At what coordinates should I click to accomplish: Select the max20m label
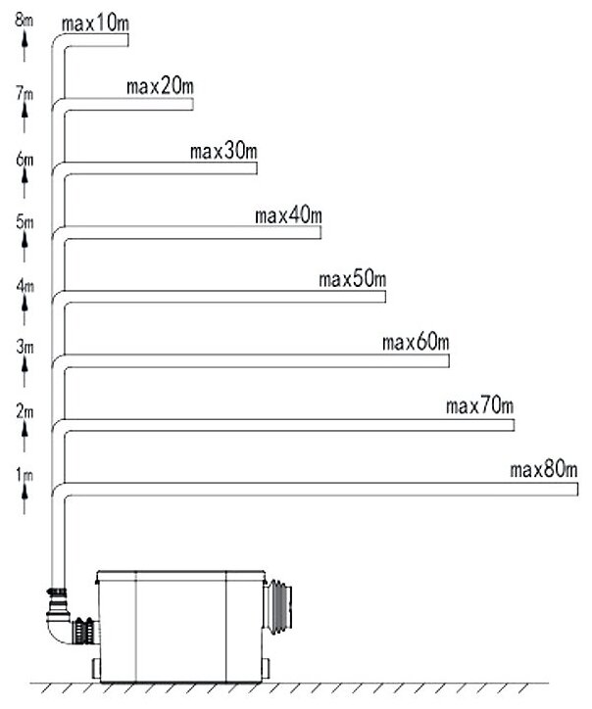pos(159,87)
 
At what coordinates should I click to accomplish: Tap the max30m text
pos(223,151)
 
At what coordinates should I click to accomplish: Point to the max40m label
pos(287,215)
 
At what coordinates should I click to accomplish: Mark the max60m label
pos(417,343)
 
